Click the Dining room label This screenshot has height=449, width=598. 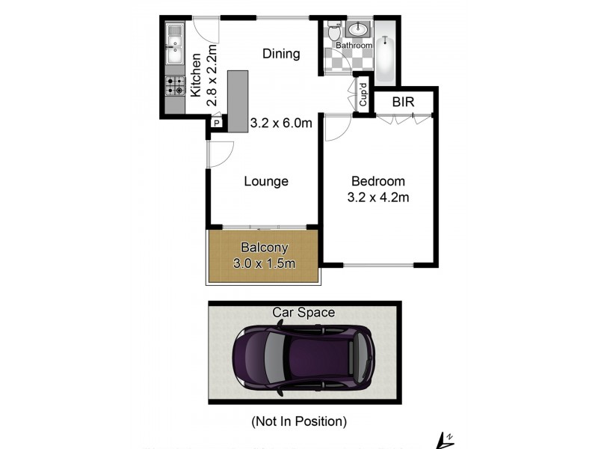coord(281,54)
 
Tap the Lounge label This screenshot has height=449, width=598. coord(267,181)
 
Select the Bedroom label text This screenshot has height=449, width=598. coord(377,181)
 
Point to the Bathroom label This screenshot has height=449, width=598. coord(354,46)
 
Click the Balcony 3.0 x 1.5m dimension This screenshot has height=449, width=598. coord(264,263)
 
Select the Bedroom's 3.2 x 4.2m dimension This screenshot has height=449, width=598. coord(377,198)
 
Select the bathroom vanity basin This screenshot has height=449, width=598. coord(357,31)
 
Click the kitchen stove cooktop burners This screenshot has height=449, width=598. coord(175,87)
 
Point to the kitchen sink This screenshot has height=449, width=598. coord(175,45)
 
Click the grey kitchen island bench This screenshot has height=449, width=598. coord(238,102)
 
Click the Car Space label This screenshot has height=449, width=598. coord(303,312)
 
